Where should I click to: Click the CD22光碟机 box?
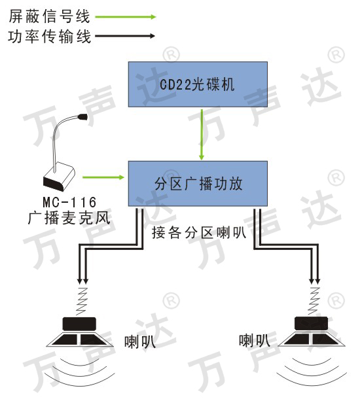point(198,84)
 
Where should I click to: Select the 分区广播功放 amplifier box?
point(198,183)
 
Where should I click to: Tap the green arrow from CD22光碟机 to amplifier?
point(202,135)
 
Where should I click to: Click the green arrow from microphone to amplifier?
point(103,177)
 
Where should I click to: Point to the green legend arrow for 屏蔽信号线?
point(126,17)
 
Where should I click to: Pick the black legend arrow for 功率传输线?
point(125,36)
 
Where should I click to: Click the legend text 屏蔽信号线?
point(49,16)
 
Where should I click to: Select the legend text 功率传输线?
point(49,36)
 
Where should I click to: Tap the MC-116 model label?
point(69,202)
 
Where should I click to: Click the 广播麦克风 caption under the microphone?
point(69,218)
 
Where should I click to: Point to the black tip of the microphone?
point(82,117)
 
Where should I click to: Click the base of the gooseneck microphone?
point(60,177)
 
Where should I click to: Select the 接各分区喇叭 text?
point(199,233)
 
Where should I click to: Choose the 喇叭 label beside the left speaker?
point(140,341)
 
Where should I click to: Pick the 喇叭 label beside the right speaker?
point(254,340)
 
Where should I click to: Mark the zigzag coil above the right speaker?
point(314,301)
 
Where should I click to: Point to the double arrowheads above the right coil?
point(314,281)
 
